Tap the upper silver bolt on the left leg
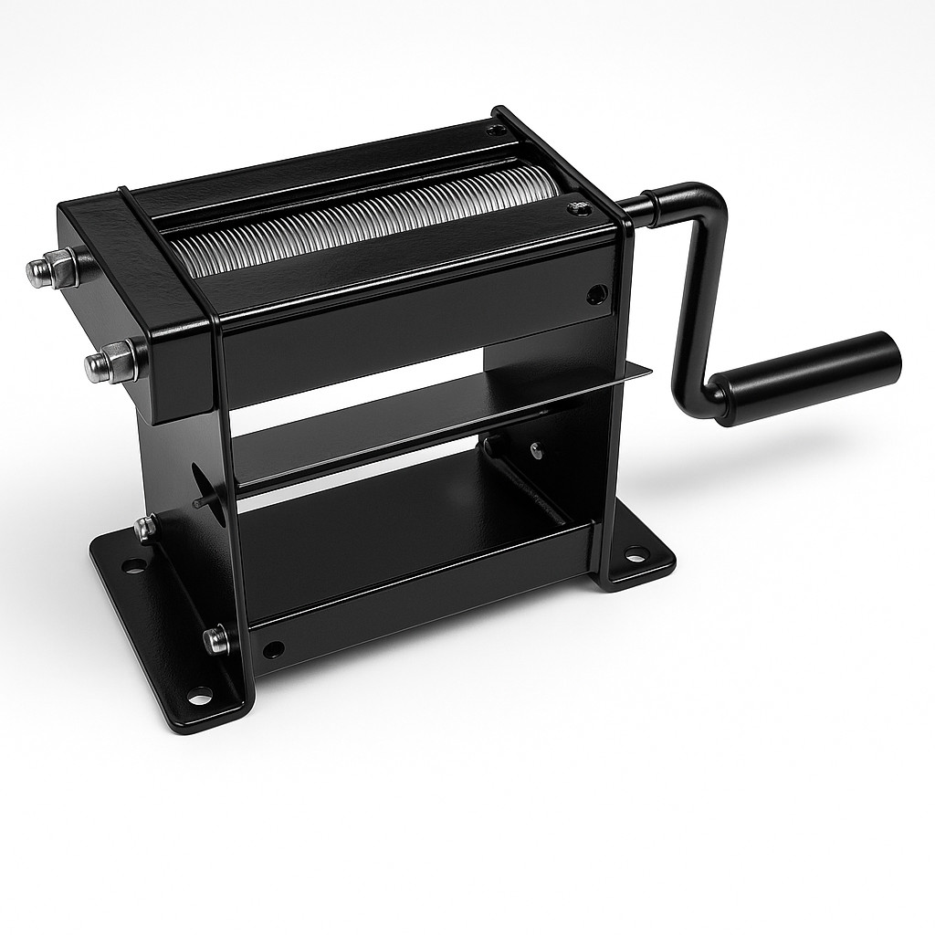point(144,528)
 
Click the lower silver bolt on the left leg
point(216,638)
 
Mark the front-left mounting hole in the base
point(199,695)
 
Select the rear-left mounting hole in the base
point(134,566)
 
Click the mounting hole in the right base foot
point(635,552)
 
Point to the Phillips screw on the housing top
point(576,209)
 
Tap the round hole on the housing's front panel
point(595,294)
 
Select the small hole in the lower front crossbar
point(272,649)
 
